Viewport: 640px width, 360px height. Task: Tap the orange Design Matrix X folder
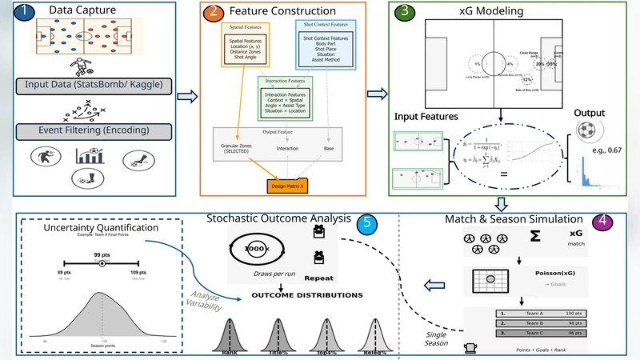(289, 186)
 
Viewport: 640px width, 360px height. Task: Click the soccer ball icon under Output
(588, 132)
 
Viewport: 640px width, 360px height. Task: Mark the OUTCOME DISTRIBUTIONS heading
(306, 295)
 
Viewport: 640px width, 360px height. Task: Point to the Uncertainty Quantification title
(102, 227)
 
